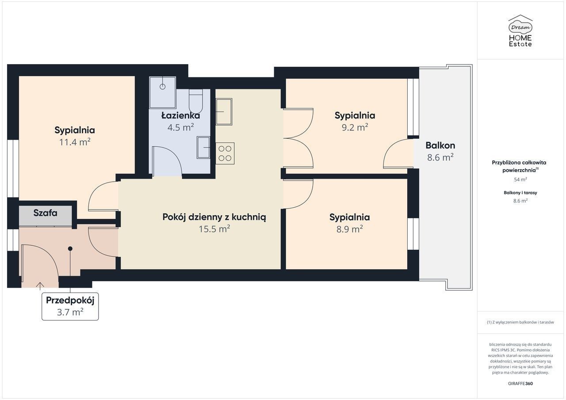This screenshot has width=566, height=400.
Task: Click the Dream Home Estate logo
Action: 520,31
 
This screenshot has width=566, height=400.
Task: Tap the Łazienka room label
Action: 181,116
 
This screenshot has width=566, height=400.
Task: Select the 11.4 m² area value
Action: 75,142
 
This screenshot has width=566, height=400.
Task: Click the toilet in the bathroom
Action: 196,101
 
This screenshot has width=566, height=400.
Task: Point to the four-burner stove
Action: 225,153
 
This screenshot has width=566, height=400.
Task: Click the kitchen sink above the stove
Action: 224,112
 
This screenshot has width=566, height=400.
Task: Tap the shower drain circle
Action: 162,87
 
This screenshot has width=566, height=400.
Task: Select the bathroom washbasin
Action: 203,148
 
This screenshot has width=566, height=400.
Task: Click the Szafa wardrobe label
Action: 45,213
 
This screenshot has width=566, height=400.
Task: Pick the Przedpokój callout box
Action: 70,306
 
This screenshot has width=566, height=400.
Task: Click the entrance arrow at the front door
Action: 40,285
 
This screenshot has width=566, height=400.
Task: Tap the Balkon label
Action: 440,145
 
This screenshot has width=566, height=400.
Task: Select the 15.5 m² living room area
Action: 214,229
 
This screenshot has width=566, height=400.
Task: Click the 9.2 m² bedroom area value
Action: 355,128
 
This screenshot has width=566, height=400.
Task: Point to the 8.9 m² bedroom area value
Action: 350,229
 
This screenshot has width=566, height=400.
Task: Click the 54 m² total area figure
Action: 520,179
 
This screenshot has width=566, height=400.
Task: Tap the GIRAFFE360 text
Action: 520,383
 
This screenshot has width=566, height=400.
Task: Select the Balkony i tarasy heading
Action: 520,193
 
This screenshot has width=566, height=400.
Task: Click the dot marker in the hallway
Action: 70,249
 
